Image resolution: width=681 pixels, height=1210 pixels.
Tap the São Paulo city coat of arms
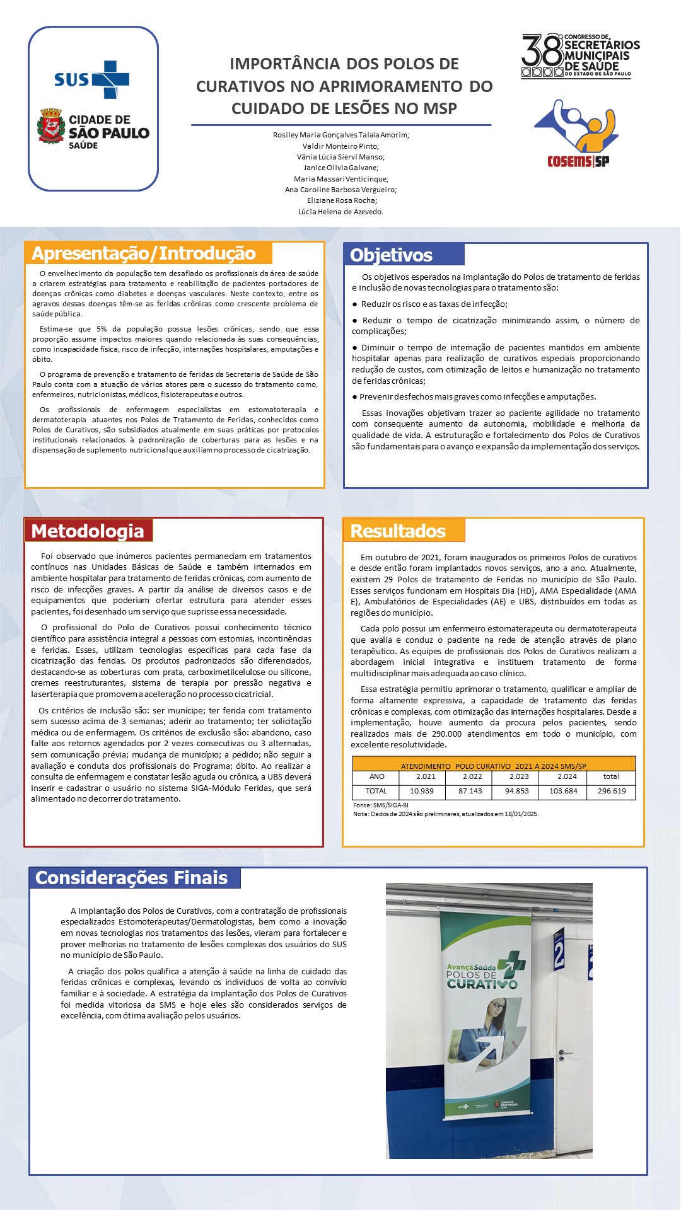51,126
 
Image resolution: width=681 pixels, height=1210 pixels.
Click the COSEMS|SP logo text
578,161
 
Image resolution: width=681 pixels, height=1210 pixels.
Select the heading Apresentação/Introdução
144,253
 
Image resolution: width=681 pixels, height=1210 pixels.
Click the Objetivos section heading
391,255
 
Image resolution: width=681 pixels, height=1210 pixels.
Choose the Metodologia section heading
88,531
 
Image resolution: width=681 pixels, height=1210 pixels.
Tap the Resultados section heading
398,531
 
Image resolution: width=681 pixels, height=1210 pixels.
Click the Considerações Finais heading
131,878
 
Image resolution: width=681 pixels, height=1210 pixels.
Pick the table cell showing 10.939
422,791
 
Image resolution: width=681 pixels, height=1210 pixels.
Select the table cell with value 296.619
612,791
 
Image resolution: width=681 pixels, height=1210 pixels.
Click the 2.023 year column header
519,776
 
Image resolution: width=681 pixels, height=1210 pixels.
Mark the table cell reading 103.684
563,791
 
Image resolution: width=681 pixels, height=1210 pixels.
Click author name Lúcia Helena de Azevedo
340,212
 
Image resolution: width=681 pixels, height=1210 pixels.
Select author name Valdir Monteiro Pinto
340,146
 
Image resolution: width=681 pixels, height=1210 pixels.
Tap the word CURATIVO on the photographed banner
482,984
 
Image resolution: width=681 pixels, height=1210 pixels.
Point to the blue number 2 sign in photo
559,955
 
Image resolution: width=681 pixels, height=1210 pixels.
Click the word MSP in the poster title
439,108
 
